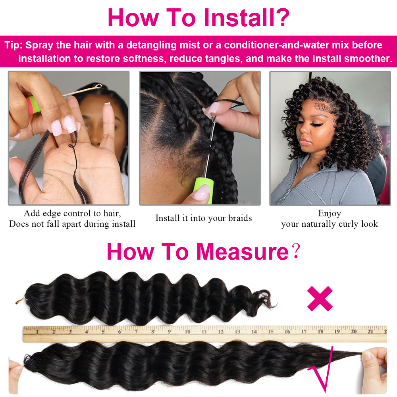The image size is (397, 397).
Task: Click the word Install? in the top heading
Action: click(x=247, y=17)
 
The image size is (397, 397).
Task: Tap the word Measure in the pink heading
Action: click(x=243, y=252)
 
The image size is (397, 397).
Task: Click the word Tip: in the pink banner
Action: click(x=13, y=45)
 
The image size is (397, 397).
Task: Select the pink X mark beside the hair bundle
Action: click(x=320, y=299)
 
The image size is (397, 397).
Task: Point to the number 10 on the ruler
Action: click(x=187, y=331)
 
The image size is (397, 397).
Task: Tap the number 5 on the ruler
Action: click(x=103, y=331)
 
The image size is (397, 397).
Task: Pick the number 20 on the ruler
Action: click(x=354, y=331)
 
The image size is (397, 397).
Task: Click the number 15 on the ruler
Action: click(x=271, y=331)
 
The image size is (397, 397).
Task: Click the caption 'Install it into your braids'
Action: click(x=204, y=218)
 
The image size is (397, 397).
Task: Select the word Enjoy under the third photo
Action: click(x=330, y=214)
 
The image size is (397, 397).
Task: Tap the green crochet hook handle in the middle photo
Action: click(x=203, y=191)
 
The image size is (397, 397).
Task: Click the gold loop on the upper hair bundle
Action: click(x=19, y=301)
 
